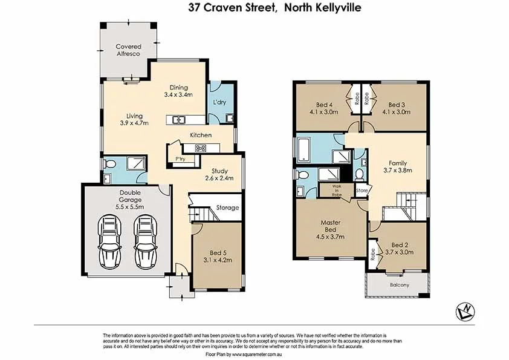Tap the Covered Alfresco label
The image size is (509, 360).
129,50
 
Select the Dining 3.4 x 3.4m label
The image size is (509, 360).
178,91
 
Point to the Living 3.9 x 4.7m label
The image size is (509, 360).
134,119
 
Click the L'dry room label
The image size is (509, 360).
219,103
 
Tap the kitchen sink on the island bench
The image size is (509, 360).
178,120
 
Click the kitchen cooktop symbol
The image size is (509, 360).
201,148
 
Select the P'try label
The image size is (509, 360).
180,159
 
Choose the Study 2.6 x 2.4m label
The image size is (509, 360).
218,174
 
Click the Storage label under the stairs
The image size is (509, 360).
227,208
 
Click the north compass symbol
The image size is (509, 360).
464,311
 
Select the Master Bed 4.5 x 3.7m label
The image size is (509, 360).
331,229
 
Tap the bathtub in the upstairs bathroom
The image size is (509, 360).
306,149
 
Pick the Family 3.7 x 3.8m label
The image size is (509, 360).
397,167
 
